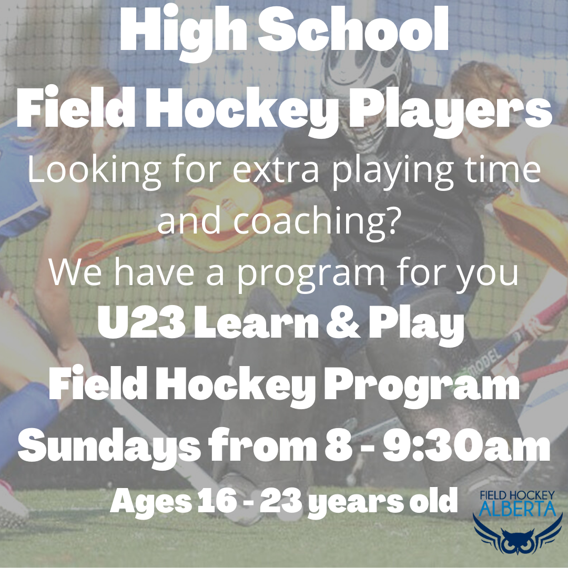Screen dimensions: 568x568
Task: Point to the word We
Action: [x=75, y=272]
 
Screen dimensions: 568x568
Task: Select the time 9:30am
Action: [x=466, y=445]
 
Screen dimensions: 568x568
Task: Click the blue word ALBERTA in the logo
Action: [x=518, y=509]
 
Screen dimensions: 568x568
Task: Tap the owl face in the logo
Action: [x=518, y=542]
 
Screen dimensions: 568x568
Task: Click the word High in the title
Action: [x=184, y=33]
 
